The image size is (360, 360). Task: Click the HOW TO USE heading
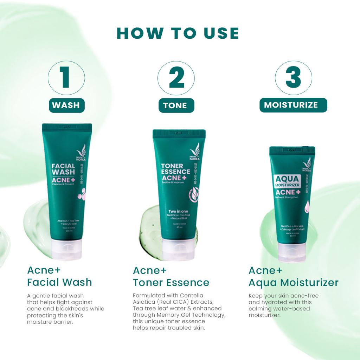pos(178,33)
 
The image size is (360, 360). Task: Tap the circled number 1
pos(66,78)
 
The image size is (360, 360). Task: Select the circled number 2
pos(176,78)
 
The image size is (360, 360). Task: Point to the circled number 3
pos(293,78)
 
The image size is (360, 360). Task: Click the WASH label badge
pos(66,105)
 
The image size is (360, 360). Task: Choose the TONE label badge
pos(176,105)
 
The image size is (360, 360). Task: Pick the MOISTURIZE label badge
pos(293,105)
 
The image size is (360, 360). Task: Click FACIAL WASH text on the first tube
pos(63,169)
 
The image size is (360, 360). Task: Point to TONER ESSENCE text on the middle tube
pos(175,169)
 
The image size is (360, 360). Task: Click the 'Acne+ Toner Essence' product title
pos(171,277)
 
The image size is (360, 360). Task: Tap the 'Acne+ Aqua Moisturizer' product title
pos(293,277)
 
